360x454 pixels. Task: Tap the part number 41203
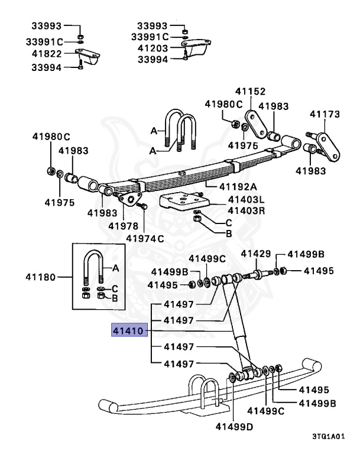click(x=153, y=48)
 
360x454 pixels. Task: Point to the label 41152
click(x=251, y=92)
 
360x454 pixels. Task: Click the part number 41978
click(x=124, y=225)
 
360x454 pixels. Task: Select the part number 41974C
click(x=144, y=238)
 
